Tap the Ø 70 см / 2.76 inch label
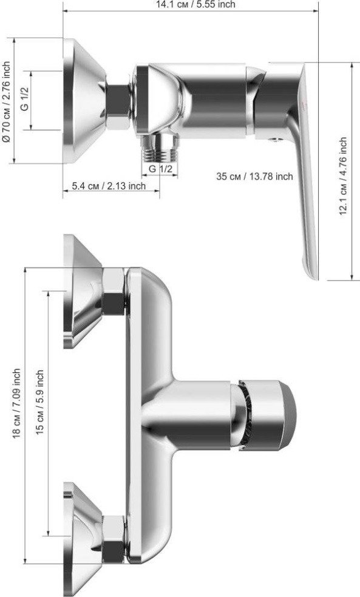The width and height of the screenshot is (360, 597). click(7, 101)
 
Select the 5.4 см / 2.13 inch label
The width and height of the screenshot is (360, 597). click(109, 186)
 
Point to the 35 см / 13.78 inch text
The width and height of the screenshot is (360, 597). click(254, 176)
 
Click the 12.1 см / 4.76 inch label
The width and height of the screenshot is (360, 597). click(343, 176)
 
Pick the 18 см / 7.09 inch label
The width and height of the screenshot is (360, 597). click(17, 403)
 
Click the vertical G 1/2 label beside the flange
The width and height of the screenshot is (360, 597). click(25, 98)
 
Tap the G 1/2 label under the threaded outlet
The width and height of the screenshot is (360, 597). click(160, 169)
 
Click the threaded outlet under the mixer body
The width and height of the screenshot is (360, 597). click(160, 147)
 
